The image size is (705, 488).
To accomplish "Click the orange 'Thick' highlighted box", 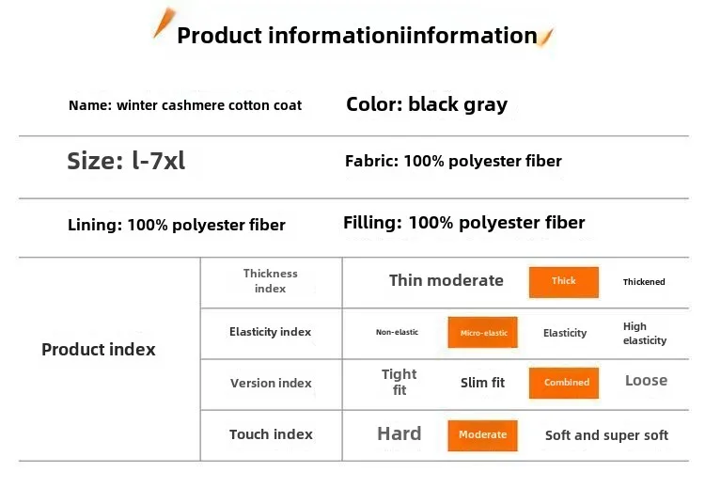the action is pyautogui.click(x=563, y=282).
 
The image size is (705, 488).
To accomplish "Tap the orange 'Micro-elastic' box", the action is pyautogui.click(x=482, y=332).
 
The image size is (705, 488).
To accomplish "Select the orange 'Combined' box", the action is pyautogui.click(x=564, y=383).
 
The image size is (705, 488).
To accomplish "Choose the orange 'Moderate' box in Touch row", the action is pyautogui.click(x=482, y=435).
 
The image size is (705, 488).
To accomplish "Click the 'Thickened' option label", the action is pyautogui.click(x=644, y=282).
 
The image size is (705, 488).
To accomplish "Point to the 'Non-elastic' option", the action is pyautogui.click(x=397, y=332).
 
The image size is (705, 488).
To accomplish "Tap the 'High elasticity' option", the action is pyautogui.click(x=645, y=333).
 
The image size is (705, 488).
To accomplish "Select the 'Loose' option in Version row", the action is pyautogui.click(x=646, y=381).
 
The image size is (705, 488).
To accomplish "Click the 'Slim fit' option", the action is pyautogui.click(x=482, y=383).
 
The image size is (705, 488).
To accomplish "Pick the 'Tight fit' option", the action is pyautogui.click(x=399, y=382).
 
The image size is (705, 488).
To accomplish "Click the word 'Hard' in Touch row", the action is pyautogui.click(x=399, y=433).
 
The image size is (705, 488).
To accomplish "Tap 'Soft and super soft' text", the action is pyautogui.click(x=606, y=435).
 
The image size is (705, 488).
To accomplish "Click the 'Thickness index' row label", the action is pyautogui.click(x=270, y=280).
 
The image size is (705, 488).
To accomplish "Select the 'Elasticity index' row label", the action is pyautogui.click(x=270, y=332).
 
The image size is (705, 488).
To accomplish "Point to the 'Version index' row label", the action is pyautogui.click(x=271, y=384).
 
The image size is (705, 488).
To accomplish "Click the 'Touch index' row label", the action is pyautogui.click(x=271, y=434).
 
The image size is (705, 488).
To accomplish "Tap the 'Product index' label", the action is pyautogui.click(x=99, y=350).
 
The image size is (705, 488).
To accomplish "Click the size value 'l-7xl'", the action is pyautogui.click(x=158, y=161).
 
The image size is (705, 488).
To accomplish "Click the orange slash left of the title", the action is pyautogui.click(x=164, y=23).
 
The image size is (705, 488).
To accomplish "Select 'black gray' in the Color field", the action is pyautogui.click(x=458, y=104).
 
